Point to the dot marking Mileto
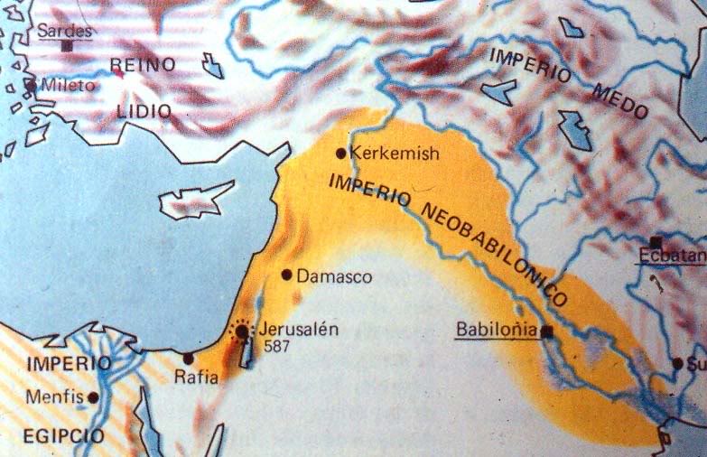tap(31, 87)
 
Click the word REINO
tap(141, 65)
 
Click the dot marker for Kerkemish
tap(340, 154)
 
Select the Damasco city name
tap(334, 276)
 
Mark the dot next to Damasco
tap(286, 274)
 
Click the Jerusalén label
tap(298, 329)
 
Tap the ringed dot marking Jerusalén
tap(242, 332)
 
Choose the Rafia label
tap(198, 378)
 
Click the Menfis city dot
tap(93, 396)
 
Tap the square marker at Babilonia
tap(546, 332)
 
